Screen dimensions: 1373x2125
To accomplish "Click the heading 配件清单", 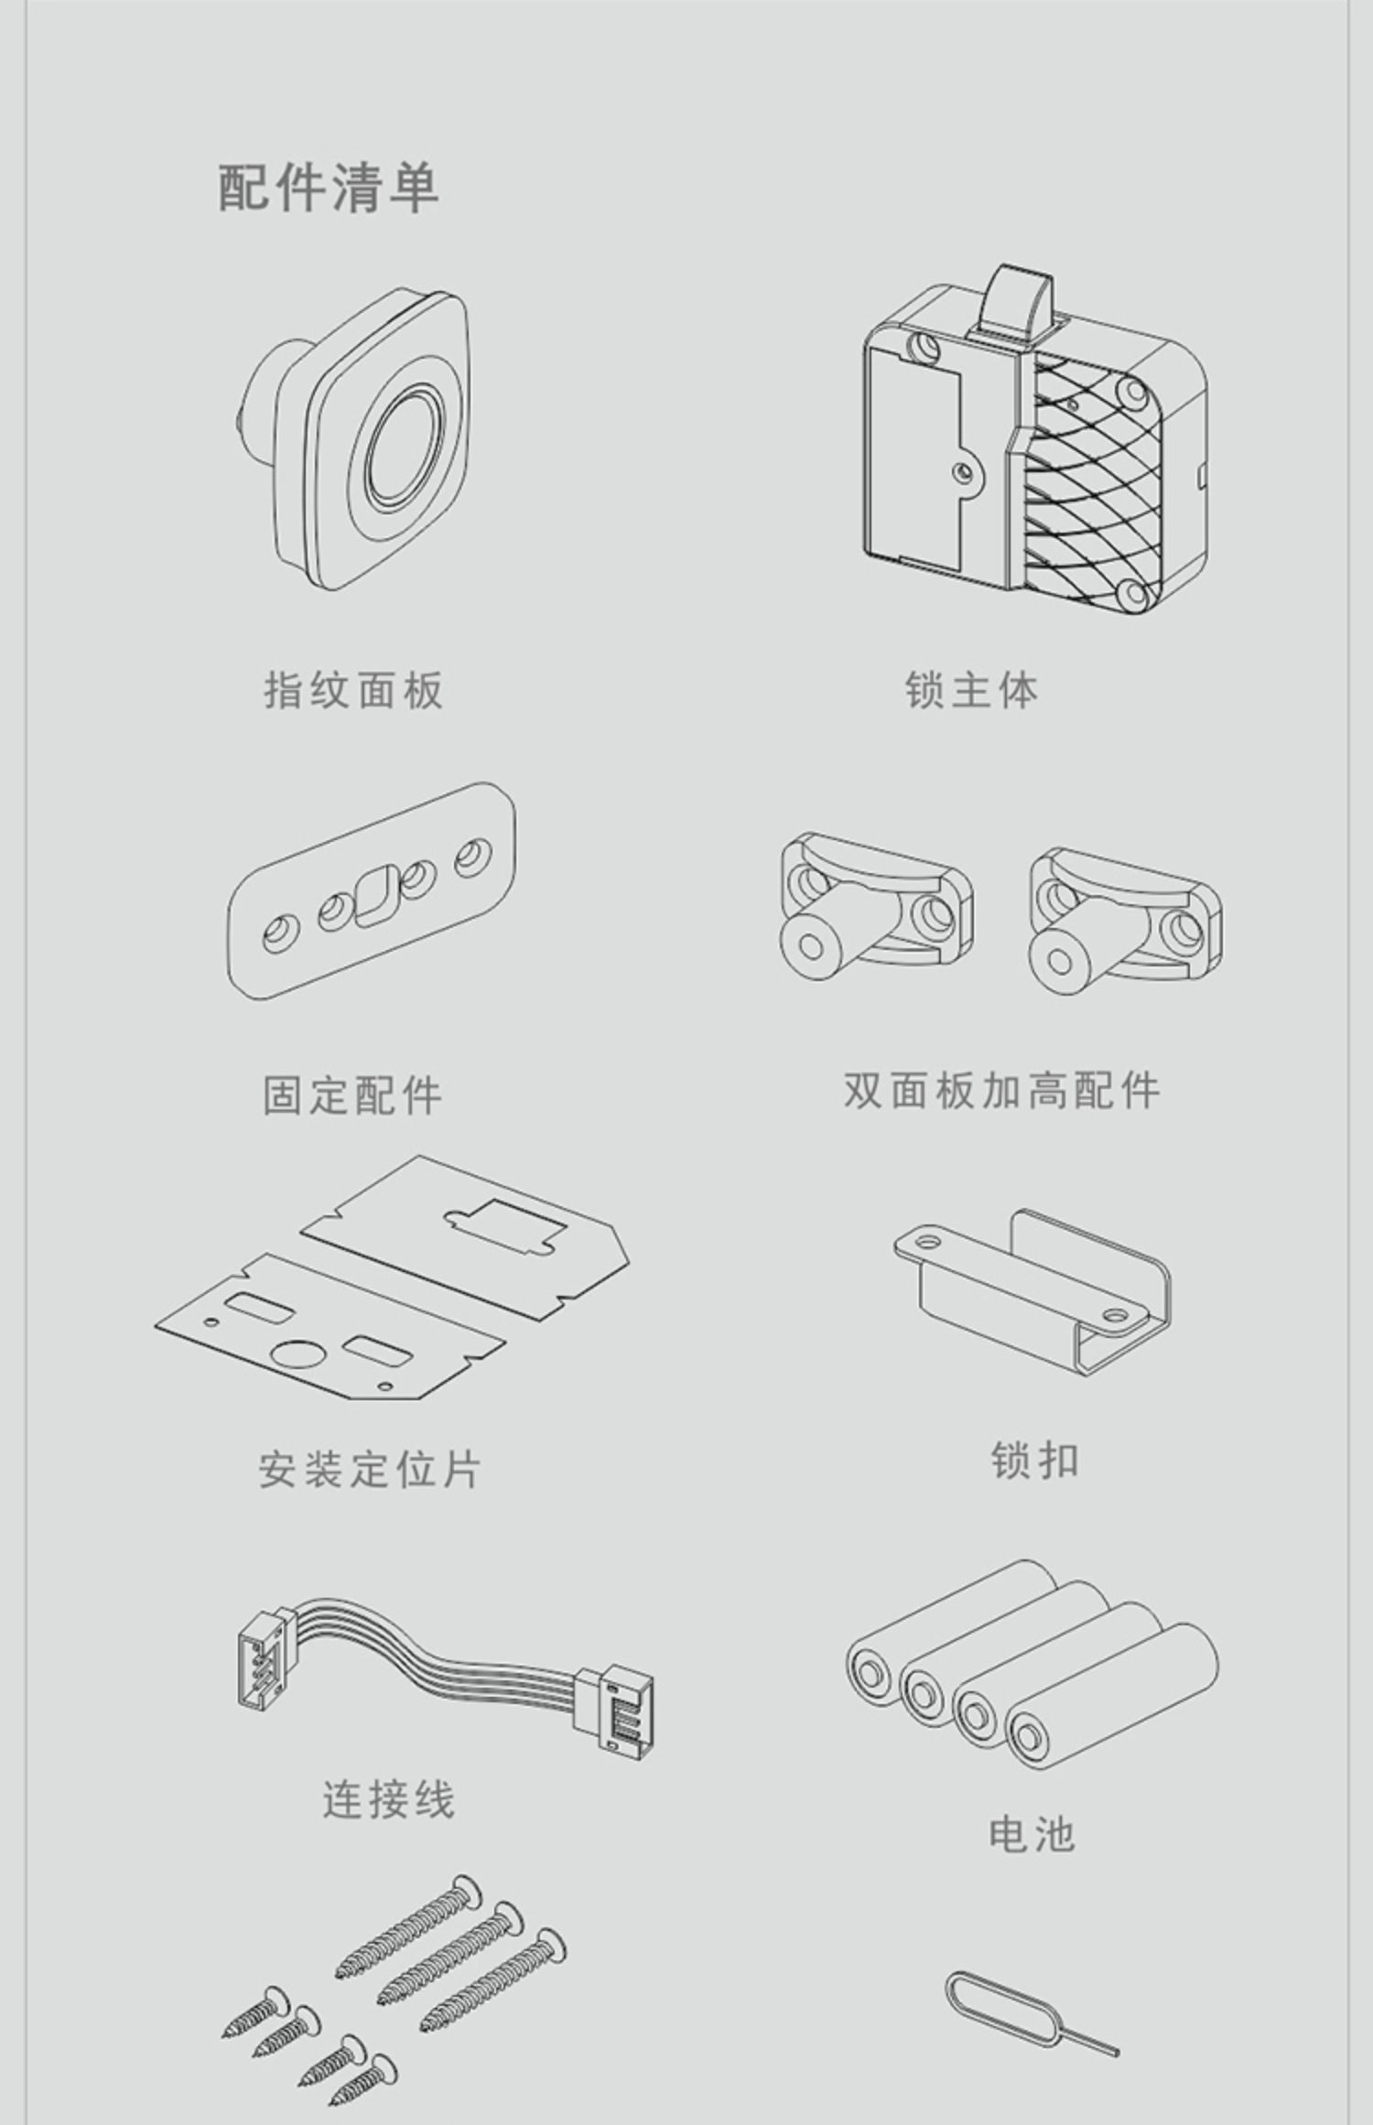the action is (329, 188).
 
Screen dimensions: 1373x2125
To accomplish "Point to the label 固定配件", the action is (352, 1095).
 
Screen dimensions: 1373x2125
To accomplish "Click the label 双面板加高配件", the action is (1001, 1090).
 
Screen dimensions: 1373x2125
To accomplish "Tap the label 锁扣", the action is (1034, 1461).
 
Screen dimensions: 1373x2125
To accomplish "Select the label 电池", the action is (1032, 1833).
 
